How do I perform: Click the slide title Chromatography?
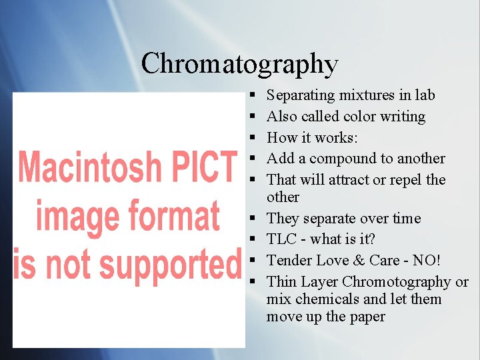point(240,63)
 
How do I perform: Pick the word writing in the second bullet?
point(403,117)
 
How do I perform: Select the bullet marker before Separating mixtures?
point(256,96)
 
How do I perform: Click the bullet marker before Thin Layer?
point(256,282)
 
